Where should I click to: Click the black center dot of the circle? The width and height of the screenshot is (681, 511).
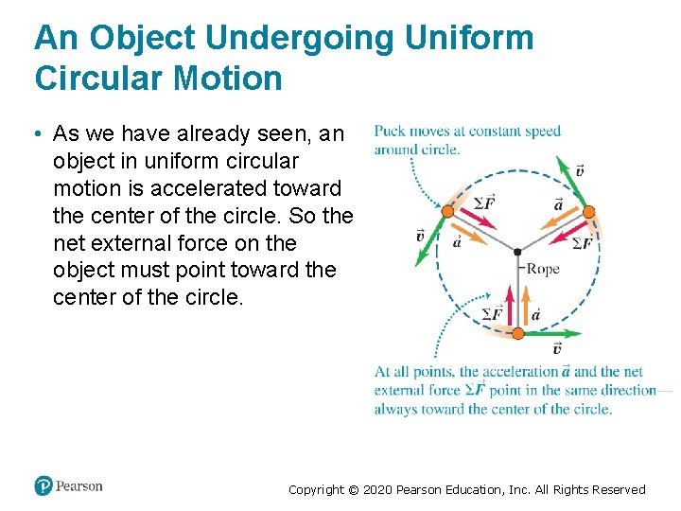tap(516, 253)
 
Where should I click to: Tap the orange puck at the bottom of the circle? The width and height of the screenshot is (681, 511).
tap(517, 333)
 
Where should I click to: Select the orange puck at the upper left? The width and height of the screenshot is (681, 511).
tap(446, 210)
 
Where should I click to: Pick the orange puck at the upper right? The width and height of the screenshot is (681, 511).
tap(587, 211)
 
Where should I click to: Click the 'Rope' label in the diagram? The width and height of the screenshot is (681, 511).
tap(543, 270)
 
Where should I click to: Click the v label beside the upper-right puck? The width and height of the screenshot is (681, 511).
tap(579, 170)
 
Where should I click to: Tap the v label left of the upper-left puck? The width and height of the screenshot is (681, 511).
tap(420, 236)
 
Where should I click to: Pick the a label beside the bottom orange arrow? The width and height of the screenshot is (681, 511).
tap(536, 313)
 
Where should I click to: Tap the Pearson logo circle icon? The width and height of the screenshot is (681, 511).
tap(44, 486)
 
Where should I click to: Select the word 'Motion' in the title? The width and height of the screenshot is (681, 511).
tap(228, 78)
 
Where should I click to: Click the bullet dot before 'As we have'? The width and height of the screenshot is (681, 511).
tap(39, 133)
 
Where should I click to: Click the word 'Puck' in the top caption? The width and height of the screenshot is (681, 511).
tap(391, 132)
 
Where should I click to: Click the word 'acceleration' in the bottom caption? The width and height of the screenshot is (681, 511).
tap(519, 372)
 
